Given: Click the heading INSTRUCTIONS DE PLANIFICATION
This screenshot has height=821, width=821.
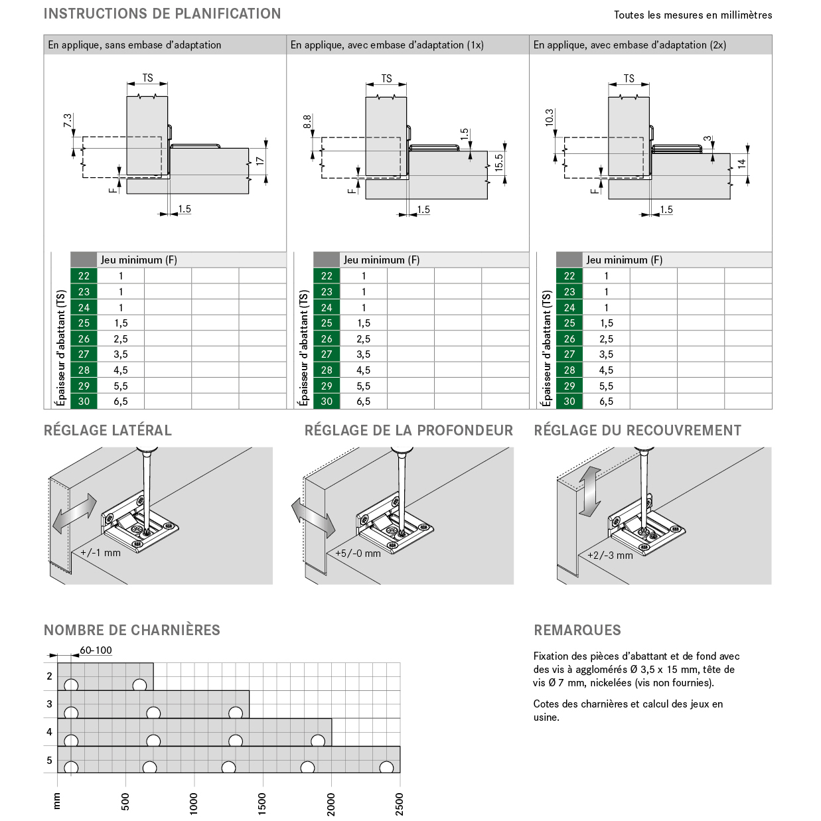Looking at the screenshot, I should click(x=162, y=14).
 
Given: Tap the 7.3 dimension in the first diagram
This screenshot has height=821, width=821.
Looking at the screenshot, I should click(x=67, y=121).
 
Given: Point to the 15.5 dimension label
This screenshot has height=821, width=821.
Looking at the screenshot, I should click(x=499, y=163).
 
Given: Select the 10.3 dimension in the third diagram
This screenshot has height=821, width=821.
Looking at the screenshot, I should click(x=548, y=118).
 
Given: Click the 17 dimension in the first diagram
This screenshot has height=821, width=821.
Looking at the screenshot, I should click(x=260, y=161).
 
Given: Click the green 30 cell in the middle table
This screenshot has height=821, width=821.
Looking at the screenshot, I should click(x=327, y=402).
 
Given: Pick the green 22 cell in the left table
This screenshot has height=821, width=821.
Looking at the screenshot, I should click(x=84, y=276).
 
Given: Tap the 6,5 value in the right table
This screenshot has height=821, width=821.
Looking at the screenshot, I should click(x=606, y=402).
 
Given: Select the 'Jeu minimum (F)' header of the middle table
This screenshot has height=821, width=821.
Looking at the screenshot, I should click(x=382, y=260).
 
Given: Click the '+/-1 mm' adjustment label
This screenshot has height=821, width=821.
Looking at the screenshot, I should click(x=100, y=553).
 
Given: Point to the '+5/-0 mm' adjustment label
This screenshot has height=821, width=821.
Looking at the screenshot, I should click(x=358, y=554).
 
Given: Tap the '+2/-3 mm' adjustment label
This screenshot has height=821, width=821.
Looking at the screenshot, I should click(x=610, y=556).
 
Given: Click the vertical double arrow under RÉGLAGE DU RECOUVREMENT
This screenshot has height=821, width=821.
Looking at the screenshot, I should click(x=589, y=491).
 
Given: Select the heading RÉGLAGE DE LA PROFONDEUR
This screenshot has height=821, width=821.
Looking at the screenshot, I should click(x=408, y=431).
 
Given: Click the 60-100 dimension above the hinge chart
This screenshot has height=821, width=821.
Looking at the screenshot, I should click(x=96, y=650).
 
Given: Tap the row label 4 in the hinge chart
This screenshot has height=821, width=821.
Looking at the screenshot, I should click(x=49, y=732).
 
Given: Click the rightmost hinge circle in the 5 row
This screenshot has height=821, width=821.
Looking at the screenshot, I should click(x=386, y=768).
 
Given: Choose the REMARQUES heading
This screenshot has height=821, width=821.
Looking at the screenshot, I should click(x=577, y=631).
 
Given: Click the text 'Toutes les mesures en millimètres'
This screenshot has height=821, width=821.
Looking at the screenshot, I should click(x=692, y=15).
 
